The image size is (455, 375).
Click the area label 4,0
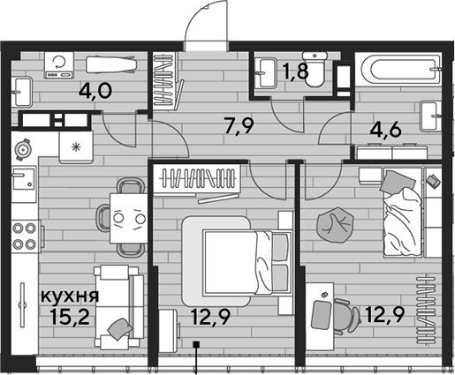click(x=95, y=91)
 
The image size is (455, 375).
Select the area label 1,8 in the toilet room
click(x=295, y=71)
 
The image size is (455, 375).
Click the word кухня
click(x=70, y=296)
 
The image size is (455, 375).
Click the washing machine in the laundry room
click(x=58, y=65)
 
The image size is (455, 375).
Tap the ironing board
click(x=111, y=64)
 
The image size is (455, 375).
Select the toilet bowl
click(x=315, y=69)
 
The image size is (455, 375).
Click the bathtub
click(x=399, y=69)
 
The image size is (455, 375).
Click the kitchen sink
click(x=24, y=177)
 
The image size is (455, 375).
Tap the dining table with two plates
click(x=128, y=218)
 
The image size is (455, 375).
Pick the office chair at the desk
click(x=346, y=317)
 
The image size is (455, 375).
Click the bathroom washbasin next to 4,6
click(x=431, y=116)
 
